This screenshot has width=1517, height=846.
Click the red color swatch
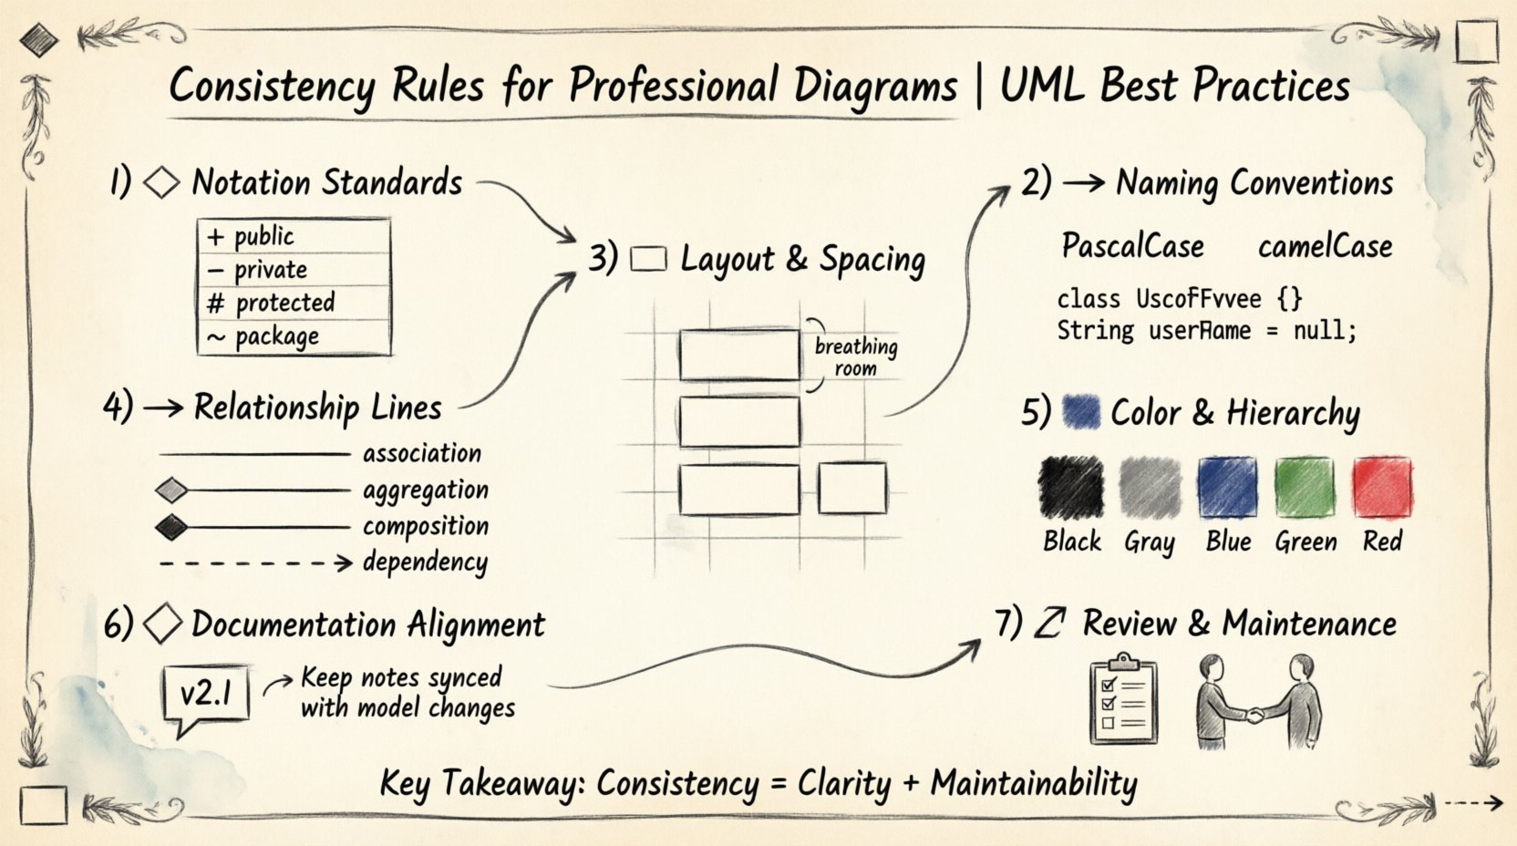(x=1382, y=488)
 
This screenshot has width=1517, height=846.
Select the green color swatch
(x=1304, y=488)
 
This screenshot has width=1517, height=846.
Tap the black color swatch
(x=1071, y=488)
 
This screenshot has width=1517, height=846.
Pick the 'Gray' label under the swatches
(x=1149, y=542)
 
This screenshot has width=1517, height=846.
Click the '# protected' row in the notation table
(x=294, y=303)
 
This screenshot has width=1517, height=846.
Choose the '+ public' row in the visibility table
(x=294, y=236)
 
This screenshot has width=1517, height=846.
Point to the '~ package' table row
(x=294, y=337)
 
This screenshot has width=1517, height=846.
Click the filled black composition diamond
(x=171, y=527)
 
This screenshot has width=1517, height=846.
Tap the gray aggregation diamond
(x=171, y=490)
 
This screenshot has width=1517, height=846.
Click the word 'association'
(x=421, y=453)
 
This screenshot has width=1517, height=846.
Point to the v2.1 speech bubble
(x=206, y=695)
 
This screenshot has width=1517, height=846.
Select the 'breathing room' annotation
(x=855, y=356)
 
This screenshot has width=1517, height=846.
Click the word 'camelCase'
(x=1325, y=246)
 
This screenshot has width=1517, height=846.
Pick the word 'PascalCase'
(x=1132, y=246)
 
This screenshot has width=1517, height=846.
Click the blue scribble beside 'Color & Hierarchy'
(x=1081, y=412)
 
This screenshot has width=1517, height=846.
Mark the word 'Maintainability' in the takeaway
(x=1034, y=784)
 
